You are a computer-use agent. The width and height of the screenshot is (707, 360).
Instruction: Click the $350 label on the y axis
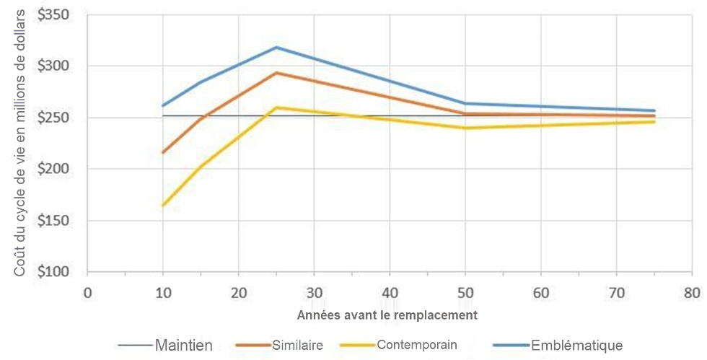58,15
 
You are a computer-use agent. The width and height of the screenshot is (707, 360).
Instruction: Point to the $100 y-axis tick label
58,272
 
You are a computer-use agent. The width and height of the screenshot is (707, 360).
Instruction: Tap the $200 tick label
58,170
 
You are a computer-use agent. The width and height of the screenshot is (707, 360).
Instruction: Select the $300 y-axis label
58,66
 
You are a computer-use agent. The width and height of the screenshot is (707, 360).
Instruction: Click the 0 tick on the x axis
87,293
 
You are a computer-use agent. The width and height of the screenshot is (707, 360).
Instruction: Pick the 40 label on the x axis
390,293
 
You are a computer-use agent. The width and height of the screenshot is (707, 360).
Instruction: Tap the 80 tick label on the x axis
692,293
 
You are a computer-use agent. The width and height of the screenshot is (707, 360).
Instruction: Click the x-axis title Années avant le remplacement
387,315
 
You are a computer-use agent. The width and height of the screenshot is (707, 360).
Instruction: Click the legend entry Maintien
183,346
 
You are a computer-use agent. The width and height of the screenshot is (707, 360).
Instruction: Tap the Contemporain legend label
417,345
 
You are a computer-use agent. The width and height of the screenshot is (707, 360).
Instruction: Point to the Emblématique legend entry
576,345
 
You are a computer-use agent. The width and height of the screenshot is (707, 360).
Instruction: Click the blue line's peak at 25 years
276,48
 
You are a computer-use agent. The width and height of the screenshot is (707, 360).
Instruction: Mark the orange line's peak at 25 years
276,73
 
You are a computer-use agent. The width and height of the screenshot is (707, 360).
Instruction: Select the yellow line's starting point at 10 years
163,206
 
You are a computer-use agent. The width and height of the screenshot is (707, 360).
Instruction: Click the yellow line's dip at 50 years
465,128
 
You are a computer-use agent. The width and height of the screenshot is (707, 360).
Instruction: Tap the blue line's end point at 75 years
654,110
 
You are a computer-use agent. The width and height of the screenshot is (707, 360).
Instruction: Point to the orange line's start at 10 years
163,152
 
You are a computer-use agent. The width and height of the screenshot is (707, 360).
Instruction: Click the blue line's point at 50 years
465,103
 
